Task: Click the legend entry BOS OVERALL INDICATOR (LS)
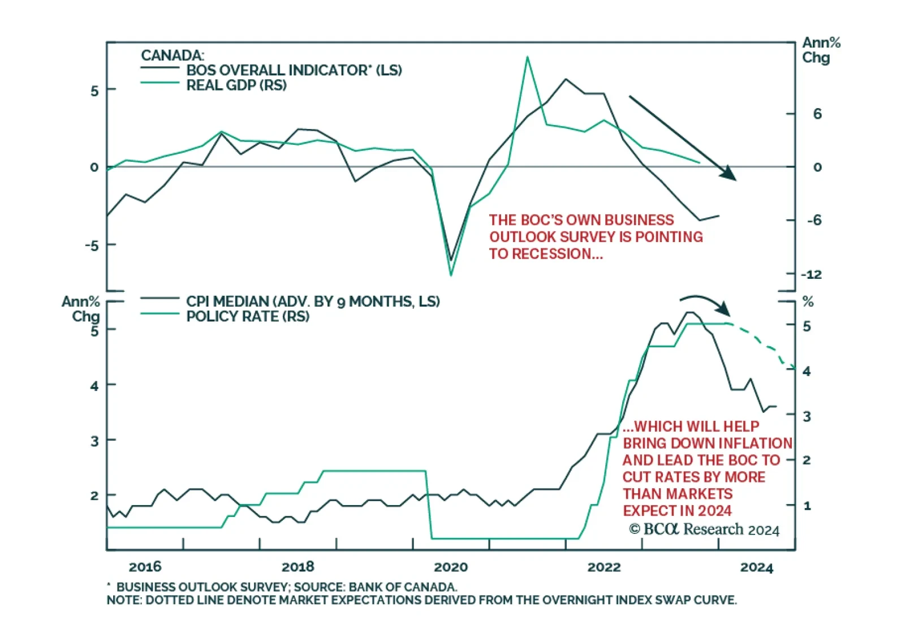click(294, 70)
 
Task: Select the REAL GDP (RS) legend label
click(236, 85)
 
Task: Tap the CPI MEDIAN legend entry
click(313, 301)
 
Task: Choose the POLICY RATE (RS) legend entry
click(248, 316)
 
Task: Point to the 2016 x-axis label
click(145, 567)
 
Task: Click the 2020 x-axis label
click(451, 567)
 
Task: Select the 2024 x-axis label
click(756, 567)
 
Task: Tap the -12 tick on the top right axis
click(812, 274)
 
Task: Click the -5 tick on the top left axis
click(92, 245)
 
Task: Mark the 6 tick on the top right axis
click(817, 114)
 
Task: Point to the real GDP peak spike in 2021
click(527, 57)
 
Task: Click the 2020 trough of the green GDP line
click(451, 275)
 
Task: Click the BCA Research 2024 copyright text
click(704, 529)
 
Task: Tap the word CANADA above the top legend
click(172, 55)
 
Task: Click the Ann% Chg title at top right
click(821, 50)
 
